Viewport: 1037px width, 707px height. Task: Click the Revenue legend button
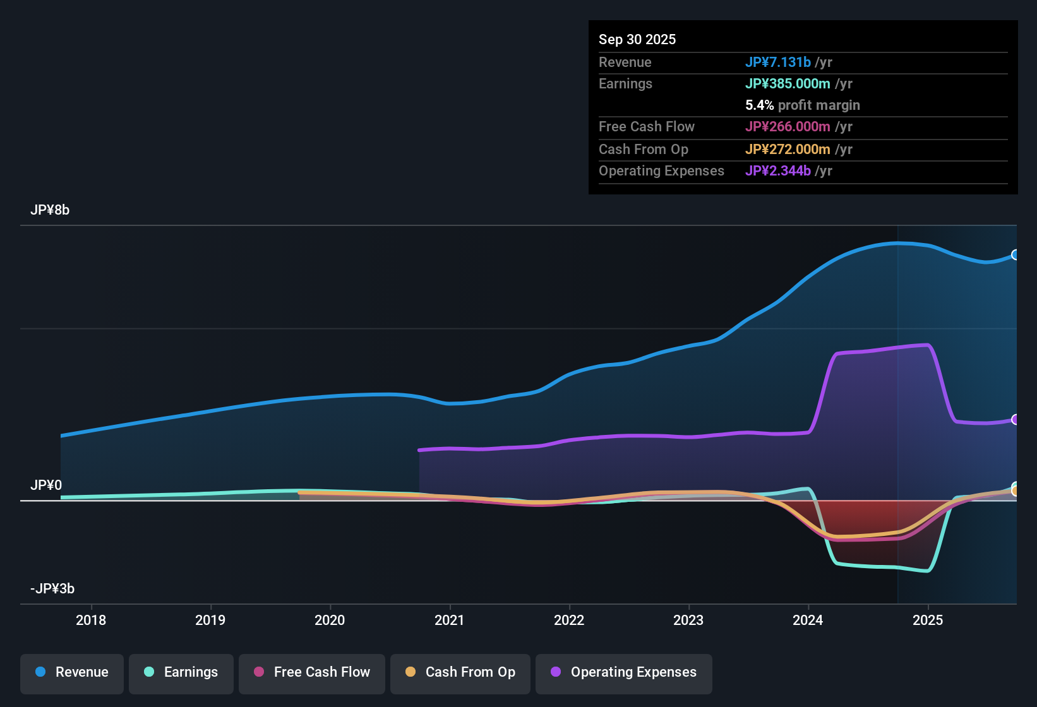(x=72, y=672)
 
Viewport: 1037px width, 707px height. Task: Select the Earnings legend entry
(x=181, y=672)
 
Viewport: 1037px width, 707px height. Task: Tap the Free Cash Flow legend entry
(x=312, y=672)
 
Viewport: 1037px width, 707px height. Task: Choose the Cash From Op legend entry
(x=460, y=672)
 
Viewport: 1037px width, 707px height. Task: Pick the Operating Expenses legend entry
(x=624, y=672)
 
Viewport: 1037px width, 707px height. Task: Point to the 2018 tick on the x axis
(x=91, y=620)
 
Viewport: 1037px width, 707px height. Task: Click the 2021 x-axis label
(x=450, y=620)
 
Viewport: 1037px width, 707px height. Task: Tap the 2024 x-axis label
(x=808, y=620)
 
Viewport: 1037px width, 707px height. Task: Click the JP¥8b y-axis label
(x=50, y=210)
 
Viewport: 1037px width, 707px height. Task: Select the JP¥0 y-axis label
(x=46, y=485)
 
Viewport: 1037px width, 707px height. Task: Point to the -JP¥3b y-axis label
(x=52, y=589)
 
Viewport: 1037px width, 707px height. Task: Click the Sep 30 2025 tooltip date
(x=637, y=39)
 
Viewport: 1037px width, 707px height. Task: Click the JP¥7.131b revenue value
(x=777, y=62)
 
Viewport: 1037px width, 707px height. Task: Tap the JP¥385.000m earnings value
(x=788, y=83)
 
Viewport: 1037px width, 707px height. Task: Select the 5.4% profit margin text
(x=802, y=105)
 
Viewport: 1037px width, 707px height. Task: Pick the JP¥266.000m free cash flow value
(x=788, y=126)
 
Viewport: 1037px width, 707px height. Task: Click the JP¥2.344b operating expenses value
(x=777, y=170)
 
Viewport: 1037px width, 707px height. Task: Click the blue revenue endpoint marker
(x=1015, y=254)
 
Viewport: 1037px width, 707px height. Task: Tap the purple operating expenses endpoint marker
(x=1015, y=419)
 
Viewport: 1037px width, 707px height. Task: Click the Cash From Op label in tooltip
(x=643, y=149)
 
